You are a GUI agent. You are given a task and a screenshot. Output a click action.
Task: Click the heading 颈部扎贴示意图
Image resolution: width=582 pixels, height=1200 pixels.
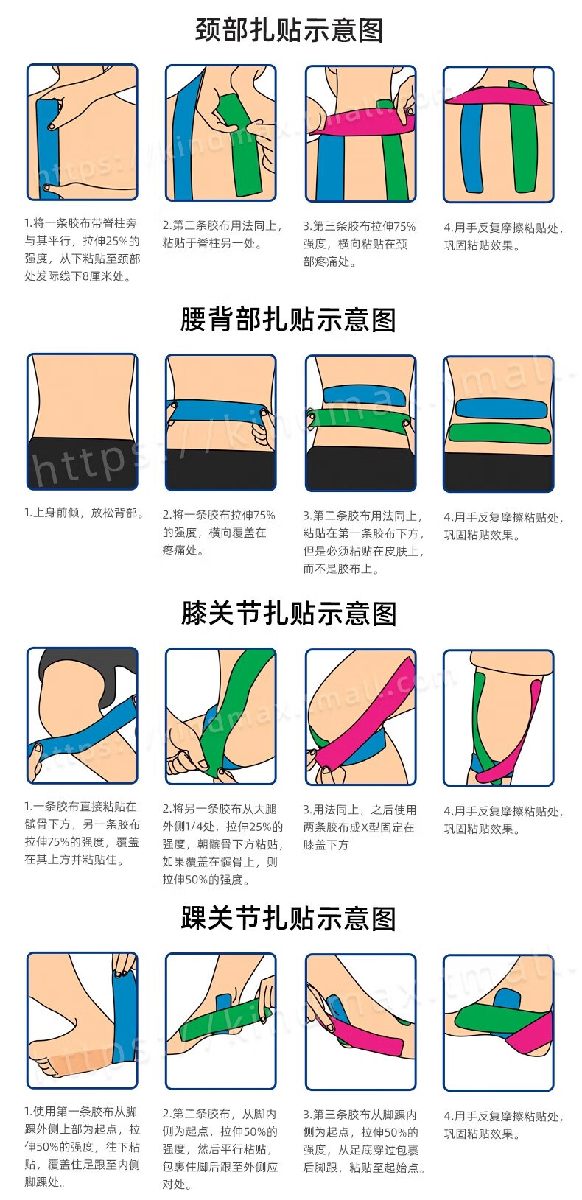click(x=289, y=30)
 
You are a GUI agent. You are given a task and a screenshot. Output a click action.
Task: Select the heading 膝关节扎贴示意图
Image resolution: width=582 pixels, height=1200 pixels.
click(x=289, y=614)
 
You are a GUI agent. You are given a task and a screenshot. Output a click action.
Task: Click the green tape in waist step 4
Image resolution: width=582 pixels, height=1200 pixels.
click(x=499, y=433)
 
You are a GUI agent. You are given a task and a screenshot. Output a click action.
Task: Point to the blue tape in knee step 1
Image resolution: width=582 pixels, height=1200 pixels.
click(x=83, y=729)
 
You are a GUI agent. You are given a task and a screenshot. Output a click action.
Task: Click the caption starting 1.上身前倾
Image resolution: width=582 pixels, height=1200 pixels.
click(x=84, y=513)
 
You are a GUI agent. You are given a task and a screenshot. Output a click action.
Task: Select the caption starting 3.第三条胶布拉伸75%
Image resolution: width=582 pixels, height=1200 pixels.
click(x=359, y=244)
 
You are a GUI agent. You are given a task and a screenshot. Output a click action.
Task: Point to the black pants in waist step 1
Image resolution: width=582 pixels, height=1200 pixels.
click(x=83, y=463)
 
